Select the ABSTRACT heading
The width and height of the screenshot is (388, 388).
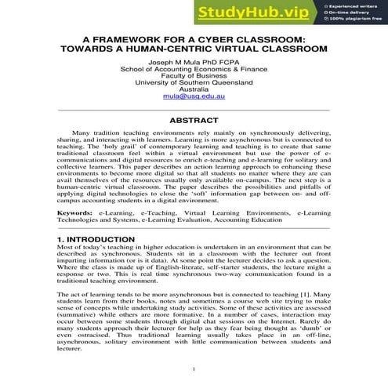coord(194,122)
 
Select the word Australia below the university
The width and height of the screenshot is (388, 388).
coord(194,89)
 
